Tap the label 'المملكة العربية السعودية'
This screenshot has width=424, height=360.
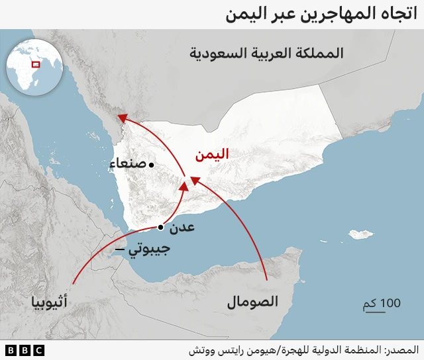(x=266, y=53)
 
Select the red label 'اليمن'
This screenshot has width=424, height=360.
(x=211, y=155)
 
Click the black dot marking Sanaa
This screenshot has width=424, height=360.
(x=152, y=164)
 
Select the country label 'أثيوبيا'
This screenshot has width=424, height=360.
(x=48, y=304)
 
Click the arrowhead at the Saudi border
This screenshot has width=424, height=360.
(x=123, y=118)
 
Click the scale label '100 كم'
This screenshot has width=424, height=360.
(x=382, y=303)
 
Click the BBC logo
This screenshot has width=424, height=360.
(x=25, y=349)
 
